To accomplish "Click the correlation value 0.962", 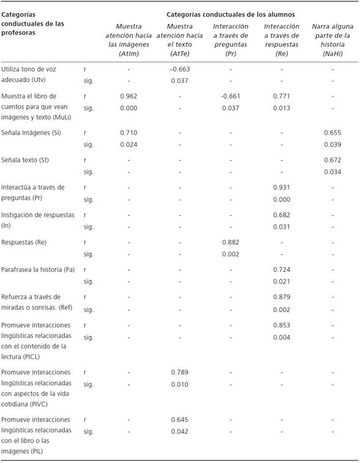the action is point(128,96).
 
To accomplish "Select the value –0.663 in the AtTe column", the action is point(180,69).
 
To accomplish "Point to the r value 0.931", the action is point(281,188).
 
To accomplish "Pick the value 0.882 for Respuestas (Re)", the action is point(230,242).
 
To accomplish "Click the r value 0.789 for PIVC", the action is point(180,372).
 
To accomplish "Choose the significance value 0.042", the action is point(180,431).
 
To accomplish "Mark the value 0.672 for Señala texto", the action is point(332,160).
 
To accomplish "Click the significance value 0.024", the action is point(128,145).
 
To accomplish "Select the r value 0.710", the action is point(128,133).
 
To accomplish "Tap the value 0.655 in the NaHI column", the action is point(332,133).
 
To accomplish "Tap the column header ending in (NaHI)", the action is point(332,40).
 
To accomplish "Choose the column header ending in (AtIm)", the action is point(128,40).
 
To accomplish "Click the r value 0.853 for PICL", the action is point(281,325).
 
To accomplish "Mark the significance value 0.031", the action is point(281,227).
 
